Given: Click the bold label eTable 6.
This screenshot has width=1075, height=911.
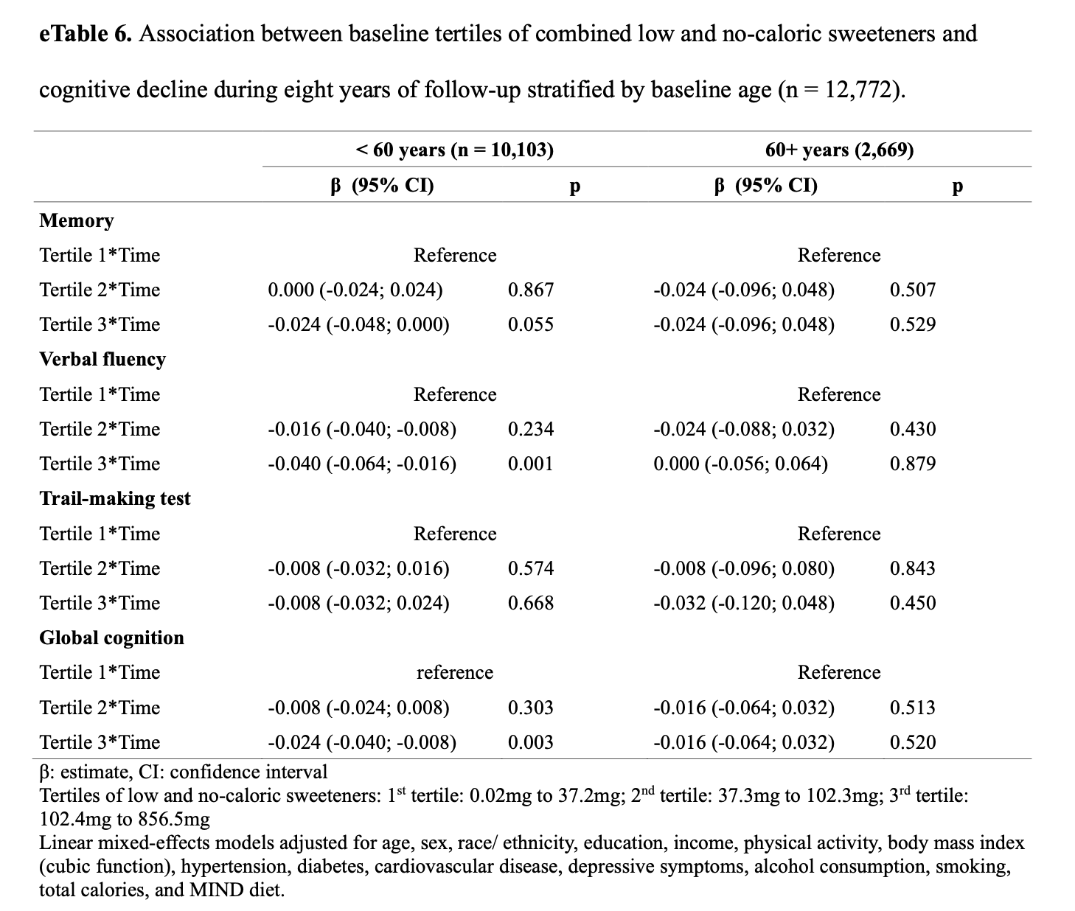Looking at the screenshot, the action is point(86,34).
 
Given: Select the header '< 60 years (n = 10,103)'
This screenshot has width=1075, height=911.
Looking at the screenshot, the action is point(454,150).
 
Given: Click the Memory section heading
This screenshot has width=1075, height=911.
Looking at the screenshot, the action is point(77,221).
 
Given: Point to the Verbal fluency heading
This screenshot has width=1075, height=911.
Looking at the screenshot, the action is point(102,359).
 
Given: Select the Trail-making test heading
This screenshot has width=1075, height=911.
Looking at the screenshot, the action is point(115,499).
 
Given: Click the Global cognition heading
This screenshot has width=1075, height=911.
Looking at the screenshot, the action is point(112,638).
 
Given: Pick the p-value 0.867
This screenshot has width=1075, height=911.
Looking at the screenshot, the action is point(531,290).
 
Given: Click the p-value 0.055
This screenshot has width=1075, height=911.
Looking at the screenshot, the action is point(531,325).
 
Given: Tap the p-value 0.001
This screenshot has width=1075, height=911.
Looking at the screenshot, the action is point(531,464).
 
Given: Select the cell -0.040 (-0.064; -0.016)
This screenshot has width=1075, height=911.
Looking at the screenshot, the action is point(362,464).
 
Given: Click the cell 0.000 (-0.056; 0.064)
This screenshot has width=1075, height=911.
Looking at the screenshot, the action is point(740,464).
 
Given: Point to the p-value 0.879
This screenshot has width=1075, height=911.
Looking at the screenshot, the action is point(913,464).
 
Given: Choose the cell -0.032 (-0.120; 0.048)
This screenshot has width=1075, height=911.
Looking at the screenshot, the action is point(744,603).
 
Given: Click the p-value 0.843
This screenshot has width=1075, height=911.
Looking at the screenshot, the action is point(913,568).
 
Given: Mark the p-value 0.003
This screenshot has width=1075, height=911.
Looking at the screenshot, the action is point(531,742).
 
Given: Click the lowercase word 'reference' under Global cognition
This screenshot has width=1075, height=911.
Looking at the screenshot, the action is point(454,673).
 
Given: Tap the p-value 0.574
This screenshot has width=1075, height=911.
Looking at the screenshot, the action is point(531,568).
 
